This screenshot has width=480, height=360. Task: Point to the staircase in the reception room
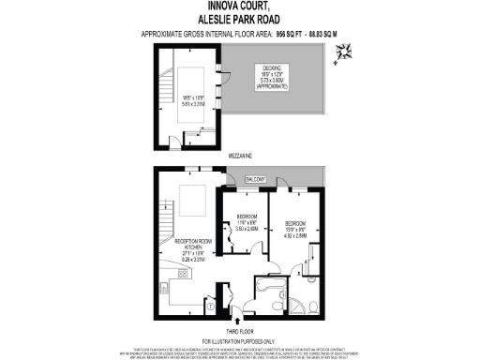[x=166, y=224]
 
